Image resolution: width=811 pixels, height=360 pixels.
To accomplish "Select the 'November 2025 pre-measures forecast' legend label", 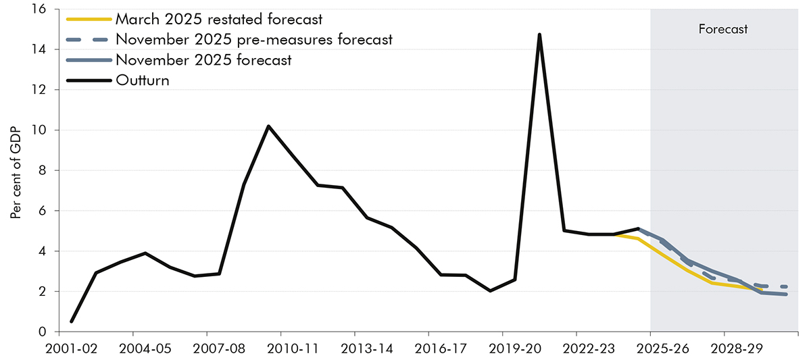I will (x=253, y=39).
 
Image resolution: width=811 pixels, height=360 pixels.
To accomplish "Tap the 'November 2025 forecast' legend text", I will (x=203, y=59).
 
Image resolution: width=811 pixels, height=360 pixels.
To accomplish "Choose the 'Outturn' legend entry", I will (x=143, y=80).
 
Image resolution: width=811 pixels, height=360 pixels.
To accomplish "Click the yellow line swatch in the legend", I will (x=89, y=19).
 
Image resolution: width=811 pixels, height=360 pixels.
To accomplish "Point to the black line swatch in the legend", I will (x=89, y=80).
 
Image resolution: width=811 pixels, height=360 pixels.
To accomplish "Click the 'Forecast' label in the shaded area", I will (x=723, y=30).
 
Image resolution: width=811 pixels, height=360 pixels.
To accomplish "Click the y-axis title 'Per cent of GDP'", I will (x=15, y=171).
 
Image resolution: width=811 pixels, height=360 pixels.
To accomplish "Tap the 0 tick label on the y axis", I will (x=41, y=332).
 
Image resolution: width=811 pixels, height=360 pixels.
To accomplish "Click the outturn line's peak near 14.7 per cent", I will (x=539, y=34).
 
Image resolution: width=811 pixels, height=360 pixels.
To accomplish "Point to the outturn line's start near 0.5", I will (x=71, y=322).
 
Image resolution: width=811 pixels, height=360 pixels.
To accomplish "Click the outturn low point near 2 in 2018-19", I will (x=490, y=291).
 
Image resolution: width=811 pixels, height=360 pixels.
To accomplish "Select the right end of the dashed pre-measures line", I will (x=785, y=287).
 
